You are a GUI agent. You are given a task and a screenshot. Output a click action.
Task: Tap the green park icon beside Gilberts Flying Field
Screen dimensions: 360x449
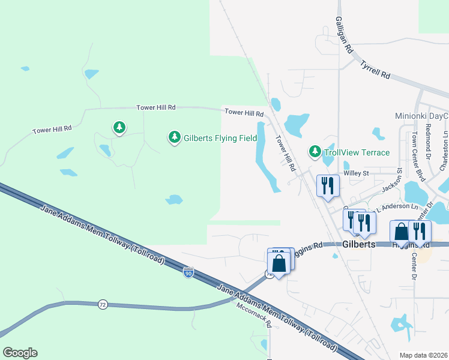point(175,138)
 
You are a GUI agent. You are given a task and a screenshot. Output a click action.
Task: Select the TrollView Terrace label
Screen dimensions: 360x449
point(357,152)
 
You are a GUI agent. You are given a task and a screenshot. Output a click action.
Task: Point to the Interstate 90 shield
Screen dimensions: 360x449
point(188,272)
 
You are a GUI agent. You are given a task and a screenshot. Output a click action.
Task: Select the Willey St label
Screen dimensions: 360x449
point(355,173)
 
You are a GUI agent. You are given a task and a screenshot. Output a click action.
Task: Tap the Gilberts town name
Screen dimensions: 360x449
point(360,245)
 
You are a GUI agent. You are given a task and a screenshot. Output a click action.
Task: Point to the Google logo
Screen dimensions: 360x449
point(20,353)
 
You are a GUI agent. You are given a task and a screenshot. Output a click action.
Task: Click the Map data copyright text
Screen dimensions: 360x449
point(424,355)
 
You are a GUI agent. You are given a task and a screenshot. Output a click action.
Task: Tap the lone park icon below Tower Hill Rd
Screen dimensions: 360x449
point(120,127)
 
